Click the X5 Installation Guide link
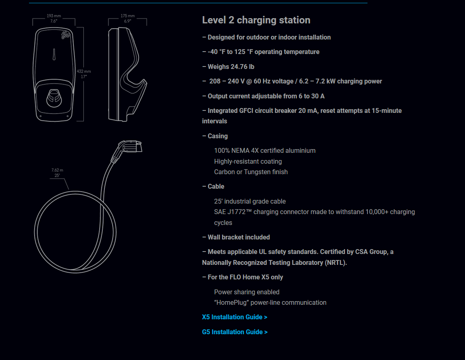[235, 317]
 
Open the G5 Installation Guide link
[235, 332]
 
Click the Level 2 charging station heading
[256, 20]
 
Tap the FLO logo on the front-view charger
[65, 36]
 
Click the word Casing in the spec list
[218, 136]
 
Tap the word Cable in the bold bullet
[216, 187]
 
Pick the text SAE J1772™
[232, 212]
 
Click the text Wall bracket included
[239, 237]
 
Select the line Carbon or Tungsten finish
[251, 172]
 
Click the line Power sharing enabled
[247, 292]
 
